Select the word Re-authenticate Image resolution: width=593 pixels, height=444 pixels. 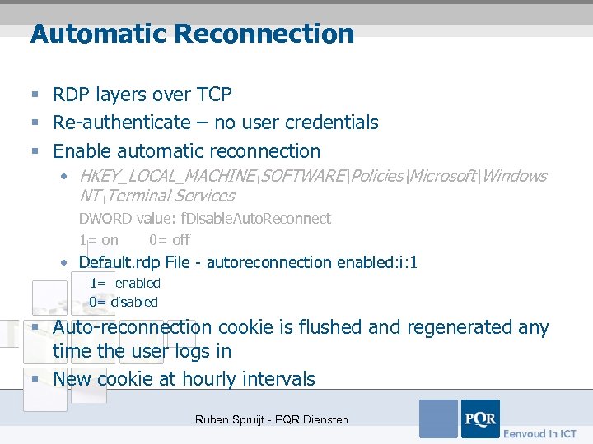(x=121, y=123)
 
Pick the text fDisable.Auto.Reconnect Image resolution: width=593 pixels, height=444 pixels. (x=268, y=219)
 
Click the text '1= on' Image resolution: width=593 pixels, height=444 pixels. (x=99, y=240)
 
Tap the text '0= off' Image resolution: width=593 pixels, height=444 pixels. (x=169, y=240)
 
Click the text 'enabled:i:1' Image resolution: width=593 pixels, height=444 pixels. (x=377, y=262)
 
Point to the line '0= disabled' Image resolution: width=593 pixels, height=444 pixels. (x=124, y=302)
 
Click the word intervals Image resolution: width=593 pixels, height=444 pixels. (x=283, y=379)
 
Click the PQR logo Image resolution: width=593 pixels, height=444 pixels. (x=479, y=419)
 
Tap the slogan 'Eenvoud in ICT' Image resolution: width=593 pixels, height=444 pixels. (x=539, y=433)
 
